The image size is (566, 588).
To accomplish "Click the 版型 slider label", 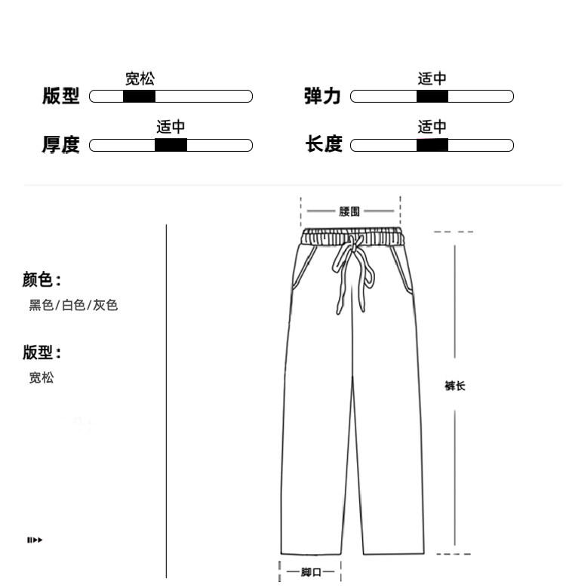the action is [x=60, y=97].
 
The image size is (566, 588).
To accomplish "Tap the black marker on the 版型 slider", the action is [x=139, y=97].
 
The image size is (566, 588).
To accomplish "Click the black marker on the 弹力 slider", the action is [x=432, y=97].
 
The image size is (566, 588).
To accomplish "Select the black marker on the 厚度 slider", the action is [x=171, y=145].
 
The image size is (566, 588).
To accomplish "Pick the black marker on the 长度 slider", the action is [x=432, y=145].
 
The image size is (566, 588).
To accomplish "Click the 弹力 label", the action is [x=323, y=97].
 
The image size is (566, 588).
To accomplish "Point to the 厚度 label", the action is [x=60, y=145].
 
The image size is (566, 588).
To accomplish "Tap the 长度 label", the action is [x=324, y=145].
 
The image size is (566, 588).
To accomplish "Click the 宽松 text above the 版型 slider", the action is [x=140, y=79].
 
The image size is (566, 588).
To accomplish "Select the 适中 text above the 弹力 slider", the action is [x=432, y=79].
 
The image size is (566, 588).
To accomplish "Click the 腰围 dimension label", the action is [x=349, y=212].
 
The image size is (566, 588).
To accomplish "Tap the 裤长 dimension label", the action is [x=454, y=386].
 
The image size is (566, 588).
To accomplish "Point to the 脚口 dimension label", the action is [x=310, y=572].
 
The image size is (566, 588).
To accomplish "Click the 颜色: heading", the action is [x=42, y=281].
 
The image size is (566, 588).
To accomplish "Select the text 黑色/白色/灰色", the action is [x=73, y=306].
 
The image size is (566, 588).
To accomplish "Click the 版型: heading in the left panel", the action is [x=42, y=352].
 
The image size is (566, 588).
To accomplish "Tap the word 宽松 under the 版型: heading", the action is [x=42, y=377].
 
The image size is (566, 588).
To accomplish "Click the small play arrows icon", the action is [x=35, y=540].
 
